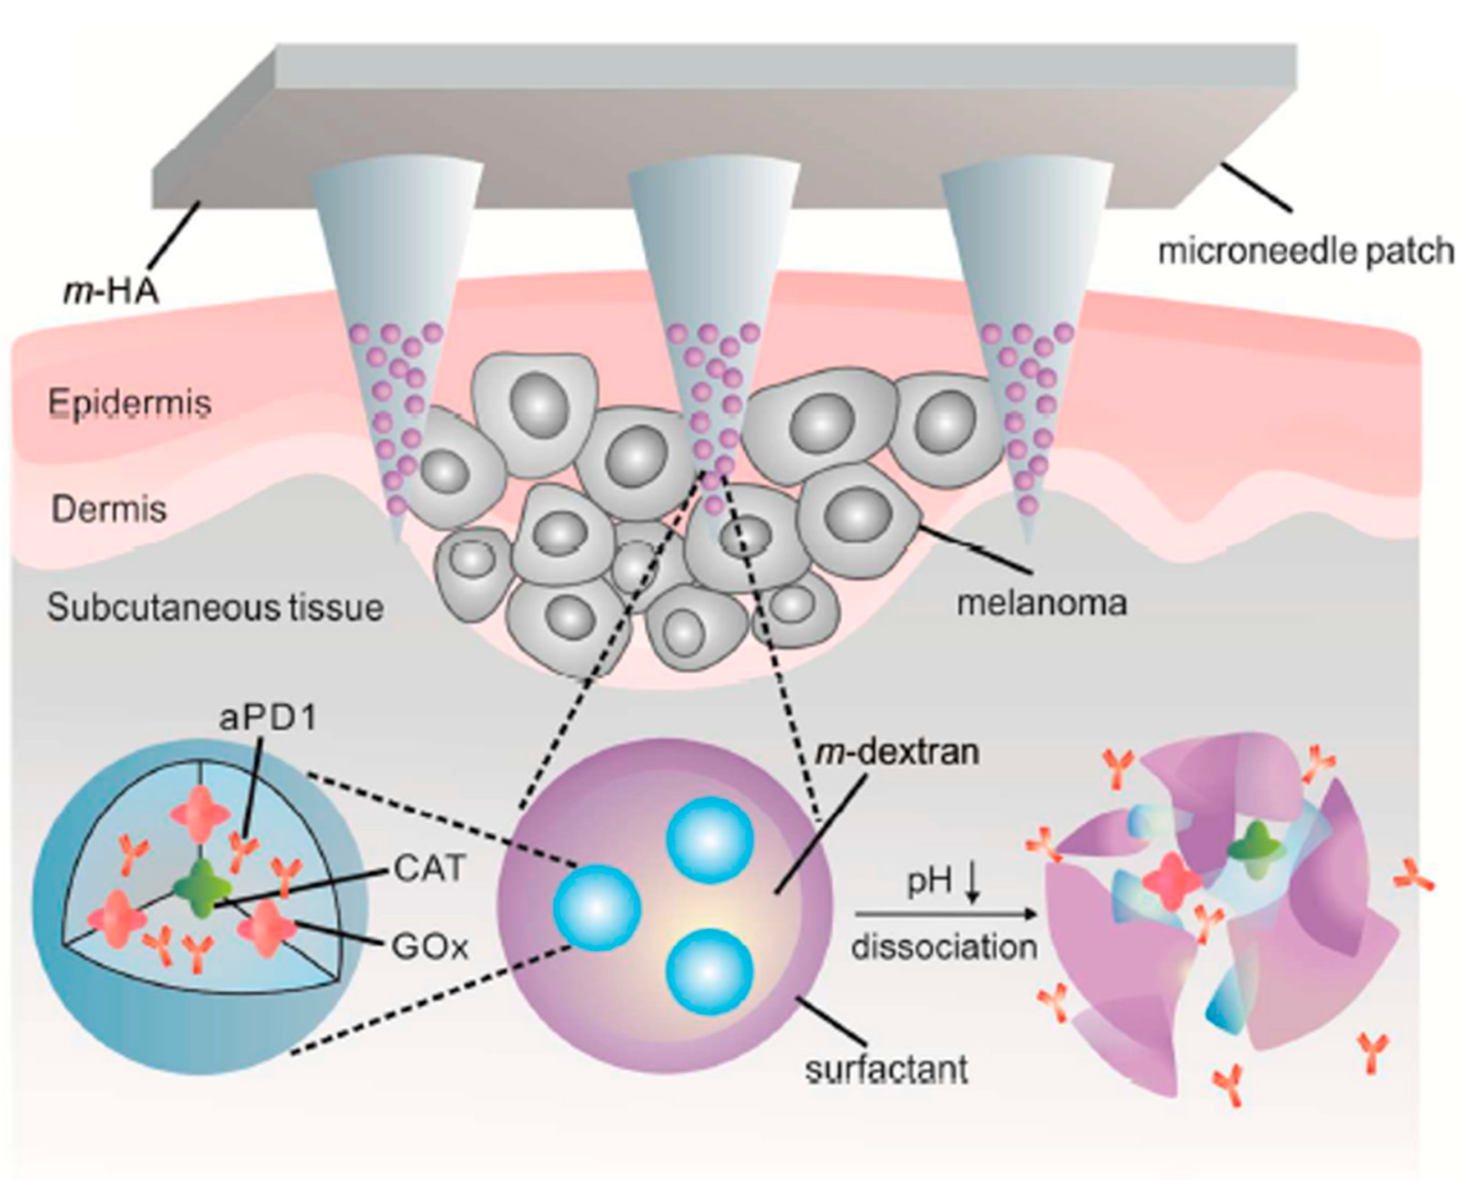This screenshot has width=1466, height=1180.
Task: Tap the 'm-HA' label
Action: tap(111, 291)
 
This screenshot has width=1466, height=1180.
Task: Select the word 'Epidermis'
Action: tap(130, 403)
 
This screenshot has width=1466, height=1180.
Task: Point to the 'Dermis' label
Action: tap(109, 509)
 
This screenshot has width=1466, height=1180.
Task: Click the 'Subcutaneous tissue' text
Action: tap(215, 607)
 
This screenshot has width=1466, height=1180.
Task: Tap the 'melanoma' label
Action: tap(1041, 603)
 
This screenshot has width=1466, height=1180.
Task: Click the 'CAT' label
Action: tap(429, 869)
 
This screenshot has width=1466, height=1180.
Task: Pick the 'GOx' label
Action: tap(430, 947)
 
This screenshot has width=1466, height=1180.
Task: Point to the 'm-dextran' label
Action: tap(897, 752)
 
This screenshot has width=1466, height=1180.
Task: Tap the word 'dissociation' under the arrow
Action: tap(944, 947)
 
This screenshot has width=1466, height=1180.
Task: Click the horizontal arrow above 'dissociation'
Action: tap(944, 915)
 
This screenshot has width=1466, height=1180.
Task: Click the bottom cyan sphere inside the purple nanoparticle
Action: tap(710, 972)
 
